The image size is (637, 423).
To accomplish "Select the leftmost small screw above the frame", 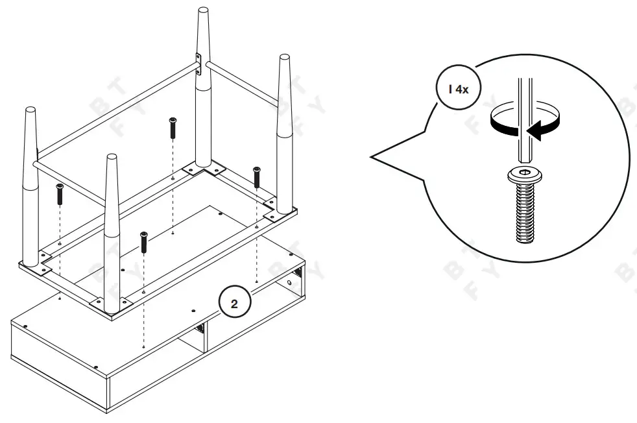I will tap(60, 193).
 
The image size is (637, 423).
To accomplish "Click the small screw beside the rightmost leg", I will tap(257, 176).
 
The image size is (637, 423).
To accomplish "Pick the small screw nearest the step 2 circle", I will tap(143, 242).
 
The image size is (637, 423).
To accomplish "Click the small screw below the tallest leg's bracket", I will tap(173, 127).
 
